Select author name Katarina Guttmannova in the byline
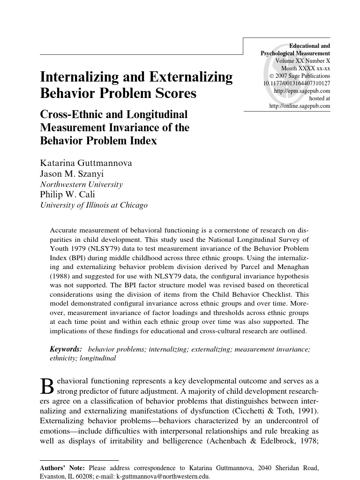(86, 163)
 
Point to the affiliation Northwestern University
(81, 184)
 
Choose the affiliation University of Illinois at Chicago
(94, 205)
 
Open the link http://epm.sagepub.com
(301, 91)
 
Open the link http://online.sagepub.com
(300, 106)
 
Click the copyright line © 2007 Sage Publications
(300, 76)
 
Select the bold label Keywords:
(66, 349)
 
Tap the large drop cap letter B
(48, 386)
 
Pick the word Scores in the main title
(172, 93)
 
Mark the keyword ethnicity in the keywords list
(63, 358)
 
